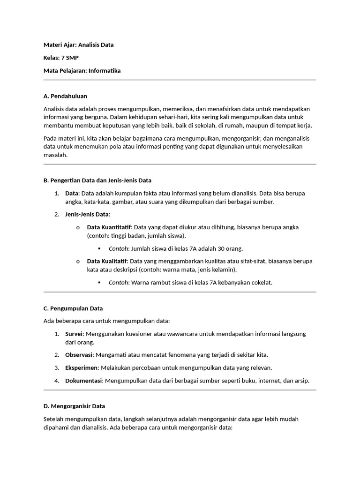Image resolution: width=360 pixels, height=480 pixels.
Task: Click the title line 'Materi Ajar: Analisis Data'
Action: (x=78, y=45)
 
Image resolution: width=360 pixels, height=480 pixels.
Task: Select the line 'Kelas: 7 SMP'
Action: (x=60, y=58)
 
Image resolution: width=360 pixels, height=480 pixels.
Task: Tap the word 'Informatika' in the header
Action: (x=105, y=71)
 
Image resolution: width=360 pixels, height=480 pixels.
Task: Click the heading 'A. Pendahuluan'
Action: (x=65, y=96)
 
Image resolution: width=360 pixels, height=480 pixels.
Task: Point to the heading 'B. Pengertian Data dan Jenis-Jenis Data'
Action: (x=97, y=180)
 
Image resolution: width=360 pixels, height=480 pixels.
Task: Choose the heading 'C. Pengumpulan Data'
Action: (x=73, y=308)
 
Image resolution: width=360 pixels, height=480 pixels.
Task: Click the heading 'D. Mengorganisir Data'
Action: (x=74, y=406)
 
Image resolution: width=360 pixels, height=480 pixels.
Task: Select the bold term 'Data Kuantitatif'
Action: (x=109, y=227)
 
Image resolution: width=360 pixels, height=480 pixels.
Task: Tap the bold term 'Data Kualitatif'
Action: (x=107, y=261)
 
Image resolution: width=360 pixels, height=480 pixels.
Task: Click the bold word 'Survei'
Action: (x=74, y=334)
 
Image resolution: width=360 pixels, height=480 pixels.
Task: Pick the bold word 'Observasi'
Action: (x=79, y=355)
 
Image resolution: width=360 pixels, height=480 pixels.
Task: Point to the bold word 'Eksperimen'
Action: (x=81, y=367)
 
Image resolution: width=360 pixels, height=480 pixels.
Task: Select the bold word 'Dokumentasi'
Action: (x=83, y=381)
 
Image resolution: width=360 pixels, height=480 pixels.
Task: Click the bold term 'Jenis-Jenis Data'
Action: (x=87, y=214)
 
